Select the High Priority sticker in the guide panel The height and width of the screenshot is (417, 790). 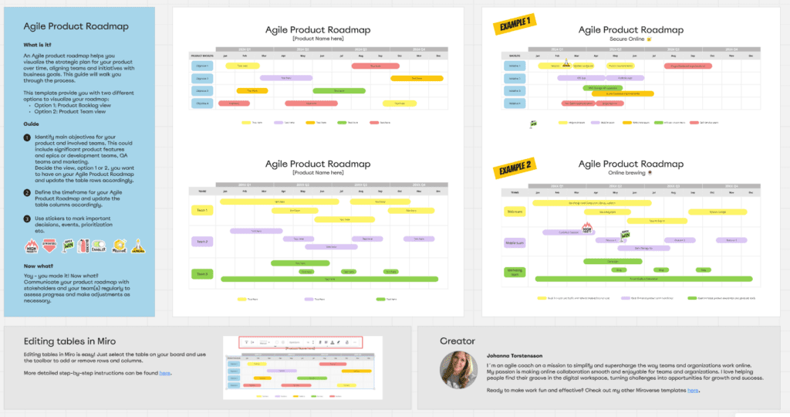(x=32, y=246)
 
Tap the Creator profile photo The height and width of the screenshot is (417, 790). (x=459, y=370)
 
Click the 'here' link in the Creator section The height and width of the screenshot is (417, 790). (x=693, y=391)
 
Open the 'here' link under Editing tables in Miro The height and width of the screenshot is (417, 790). (x=165, y=373)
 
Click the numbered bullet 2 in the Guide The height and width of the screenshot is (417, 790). (x=27, y=193)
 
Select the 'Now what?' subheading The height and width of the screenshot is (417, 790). (x=39, y=265)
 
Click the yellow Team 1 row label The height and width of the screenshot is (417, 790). (x=201, y=210)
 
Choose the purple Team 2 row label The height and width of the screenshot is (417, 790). (x=201, y=242)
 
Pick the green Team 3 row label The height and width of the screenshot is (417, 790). (x=201, y=273)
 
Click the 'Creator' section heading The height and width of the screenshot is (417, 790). (x=457, y=341)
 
